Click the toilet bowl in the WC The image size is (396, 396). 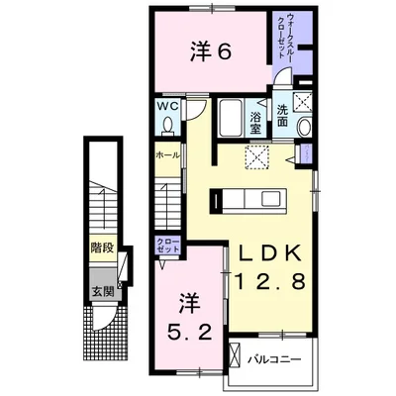166,124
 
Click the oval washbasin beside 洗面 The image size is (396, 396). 303,127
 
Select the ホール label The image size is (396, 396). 166,156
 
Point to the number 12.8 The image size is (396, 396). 270,283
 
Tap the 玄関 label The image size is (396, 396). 101,290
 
